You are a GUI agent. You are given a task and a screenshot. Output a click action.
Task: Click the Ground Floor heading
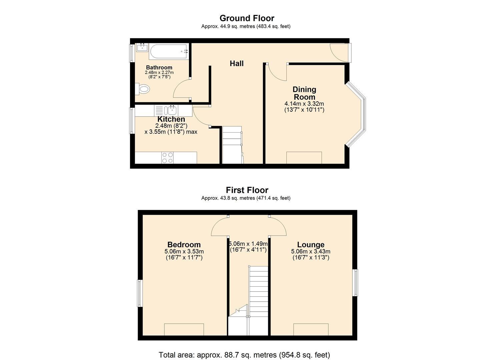(x=247, y=18)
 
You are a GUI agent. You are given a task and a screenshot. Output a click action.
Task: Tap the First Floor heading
(x=247, y=190)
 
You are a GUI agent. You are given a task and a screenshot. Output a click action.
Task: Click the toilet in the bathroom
(x=143, y=89)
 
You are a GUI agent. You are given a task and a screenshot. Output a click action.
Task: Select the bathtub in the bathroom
(x=169, y=51)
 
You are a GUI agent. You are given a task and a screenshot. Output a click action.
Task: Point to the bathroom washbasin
(x=142, y=47)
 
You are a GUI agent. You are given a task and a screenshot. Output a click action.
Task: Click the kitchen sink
(x=172, y=110)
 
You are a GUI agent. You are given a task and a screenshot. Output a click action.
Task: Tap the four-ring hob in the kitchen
(x=167, y=158)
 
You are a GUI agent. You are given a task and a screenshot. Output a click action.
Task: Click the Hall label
(x=237, y=63)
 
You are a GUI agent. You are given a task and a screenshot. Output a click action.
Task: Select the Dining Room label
(x=304, y=93)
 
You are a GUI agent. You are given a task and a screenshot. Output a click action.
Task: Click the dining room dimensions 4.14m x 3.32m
(x=304, y=104)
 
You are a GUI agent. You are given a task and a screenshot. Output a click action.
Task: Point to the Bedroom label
(x=184, y=245)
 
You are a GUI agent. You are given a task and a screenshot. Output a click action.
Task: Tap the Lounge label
(x=311, y=245)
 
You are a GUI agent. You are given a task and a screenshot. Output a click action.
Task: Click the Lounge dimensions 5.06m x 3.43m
(x=311, y=252)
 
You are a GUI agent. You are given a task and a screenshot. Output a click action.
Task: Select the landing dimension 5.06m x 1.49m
(x=248, y=244)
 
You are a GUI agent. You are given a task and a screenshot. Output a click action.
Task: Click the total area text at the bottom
(x=244, y=355)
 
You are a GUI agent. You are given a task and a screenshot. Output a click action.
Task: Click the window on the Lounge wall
(x=356, y=282)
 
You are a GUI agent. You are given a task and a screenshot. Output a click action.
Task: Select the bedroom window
(x=140, y=293)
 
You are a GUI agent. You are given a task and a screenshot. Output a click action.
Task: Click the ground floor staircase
(x=232, y=145)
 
